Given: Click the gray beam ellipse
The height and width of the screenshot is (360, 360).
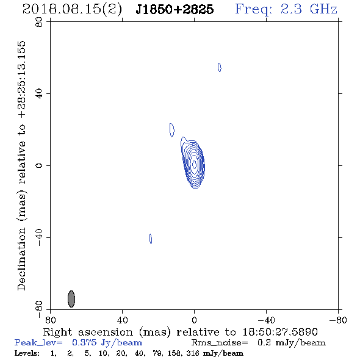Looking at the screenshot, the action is click(71, 299).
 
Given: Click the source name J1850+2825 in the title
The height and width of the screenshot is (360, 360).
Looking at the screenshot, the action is click(175, 9).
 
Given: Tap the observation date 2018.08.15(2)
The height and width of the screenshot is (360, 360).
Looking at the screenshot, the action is click(72, 10).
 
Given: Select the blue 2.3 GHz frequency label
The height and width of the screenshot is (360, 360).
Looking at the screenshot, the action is click(286, 9).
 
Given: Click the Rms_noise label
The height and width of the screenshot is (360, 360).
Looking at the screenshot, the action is click(220, 343).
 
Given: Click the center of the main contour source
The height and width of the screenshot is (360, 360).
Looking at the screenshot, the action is click(194, 164).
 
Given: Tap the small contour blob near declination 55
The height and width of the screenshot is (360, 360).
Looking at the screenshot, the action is click(220, 67).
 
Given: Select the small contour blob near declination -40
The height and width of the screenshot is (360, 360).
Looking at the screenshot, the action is click(151, 239).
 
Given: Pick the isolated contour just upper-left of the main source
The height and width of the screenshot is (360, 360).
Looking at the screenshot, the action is click(171, 130).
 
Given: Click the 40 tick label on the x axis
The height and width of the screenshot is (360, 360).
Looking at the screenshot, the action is click(122, 320).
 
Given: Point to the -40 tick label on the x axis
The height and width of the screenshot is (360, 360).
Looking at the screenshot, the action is click(266, 320).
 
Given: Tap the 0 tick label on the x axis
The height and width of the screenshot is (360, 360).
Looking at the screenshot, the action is click(194, 320).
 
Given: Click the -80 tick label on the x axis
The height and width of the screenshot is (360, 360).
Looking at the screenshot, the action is click(338, 320).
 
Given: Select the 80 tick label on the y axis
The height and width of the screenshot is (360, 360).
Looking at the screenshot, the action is click(39, 22).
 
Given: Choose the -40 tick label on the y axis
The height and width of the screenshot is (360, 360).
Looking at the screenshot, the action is click(39, 237).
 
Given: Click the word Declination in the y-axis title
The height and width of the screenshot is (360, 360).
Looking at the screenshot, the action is click(21, 259).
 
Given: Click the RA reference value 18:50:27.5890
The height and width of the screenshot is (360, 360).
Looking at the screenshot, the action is click(280, 332).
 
